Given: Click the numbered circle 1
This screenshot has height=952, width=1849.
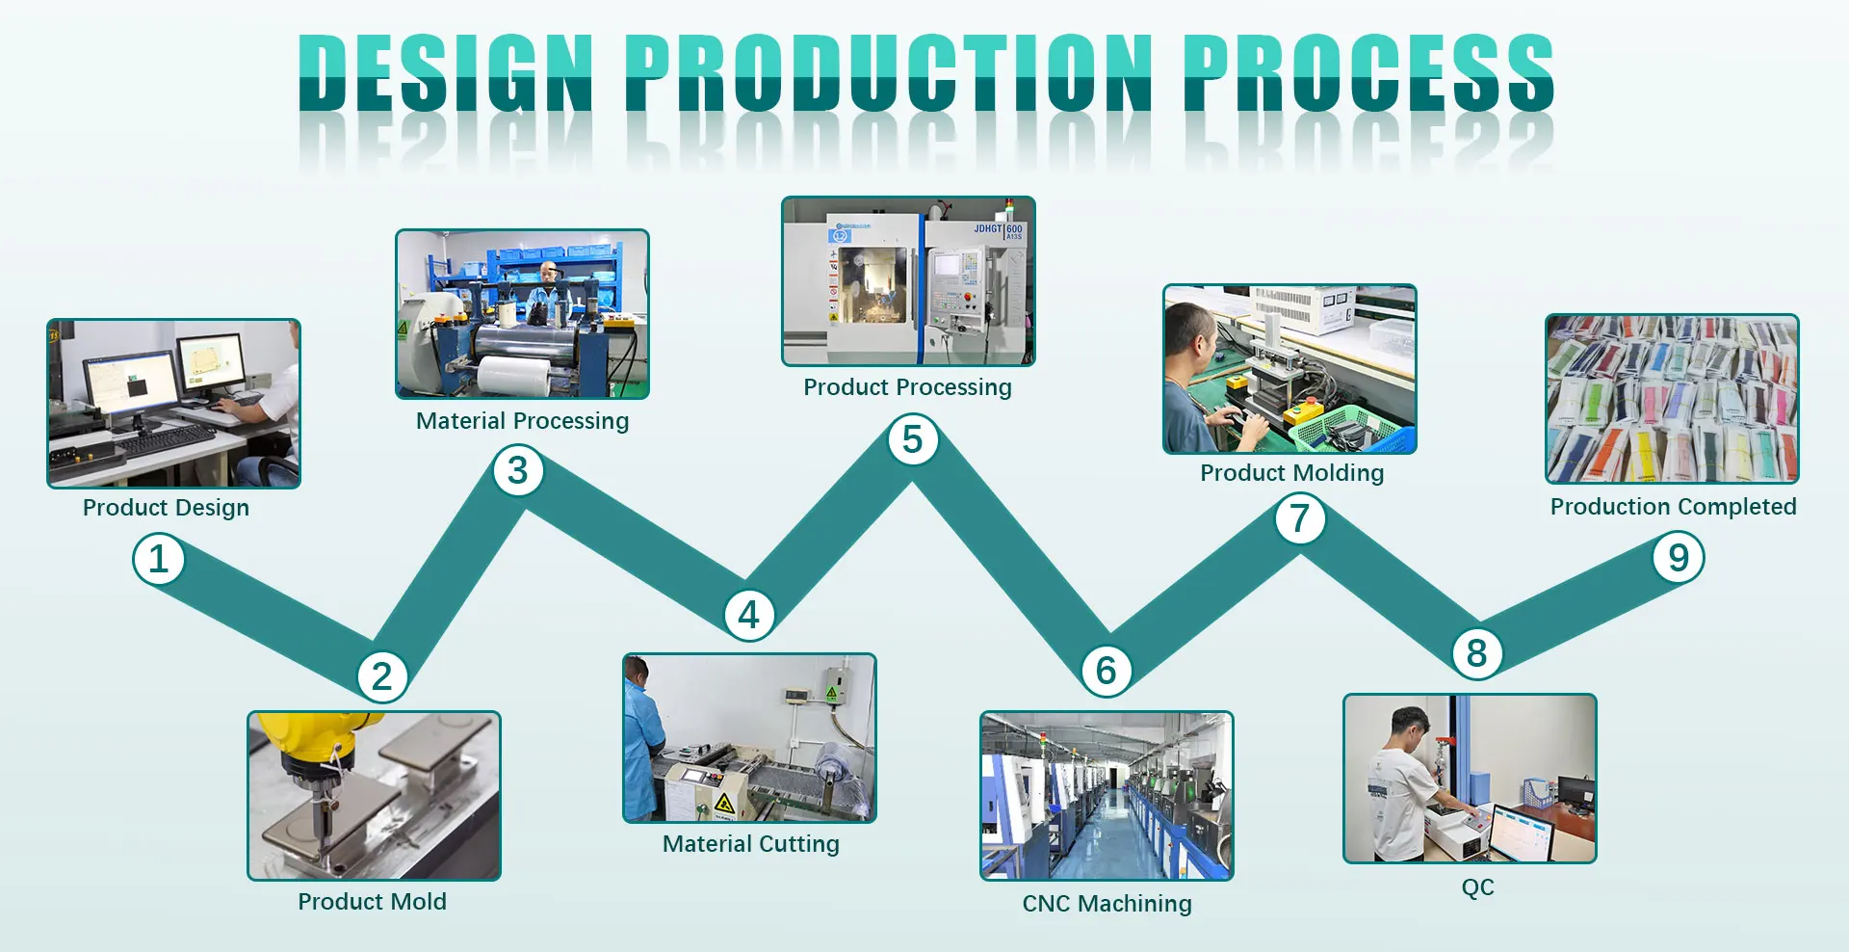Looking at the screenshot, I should [159, 560].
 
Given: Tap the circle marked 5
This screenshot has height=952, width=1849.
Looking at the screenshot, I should [912, 440].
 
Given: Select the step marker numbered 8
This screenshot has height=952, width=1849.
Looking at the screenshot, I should [1476, 653].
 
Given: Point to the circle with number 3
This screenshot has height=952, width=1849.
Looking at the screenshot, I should [518, 471].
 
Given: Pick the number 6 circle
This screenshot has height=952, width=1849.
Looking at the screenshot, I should [1106, 671].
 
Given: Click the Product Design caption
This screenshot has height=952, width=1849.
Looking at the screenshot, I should [166, 508].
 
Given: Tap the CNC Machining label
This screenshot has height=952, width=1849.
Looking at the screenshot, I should [1107, 904].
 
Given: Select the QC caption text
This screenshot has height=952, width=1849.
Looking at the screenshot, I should [1477, 886].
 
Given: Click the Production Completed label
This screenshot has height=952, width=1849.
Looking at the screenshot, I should [1673, 507].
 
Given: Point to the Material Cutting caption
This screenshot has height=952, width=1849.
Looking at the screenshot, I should [750, 844].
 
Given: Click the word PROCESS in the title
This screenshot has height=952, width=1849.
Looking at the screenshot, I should [1367, 72].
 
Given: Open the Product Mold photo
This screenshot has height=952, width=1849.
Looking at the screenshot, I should [374, 796].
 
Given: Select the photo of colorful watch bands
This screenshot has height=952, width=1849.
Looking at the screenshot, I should [1672, 399].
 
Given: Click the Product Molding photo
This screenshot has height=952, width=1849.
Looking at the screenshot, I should [1289, 369].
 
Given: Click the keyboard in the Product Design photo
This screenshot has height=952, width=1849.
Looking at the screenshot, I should [164, 439].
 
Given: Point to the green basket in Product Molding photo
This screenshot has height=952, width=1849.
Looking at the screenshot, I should [1339, 428].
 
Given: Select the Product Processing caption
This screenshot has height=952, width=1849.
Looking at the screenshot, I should [907, 387].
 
